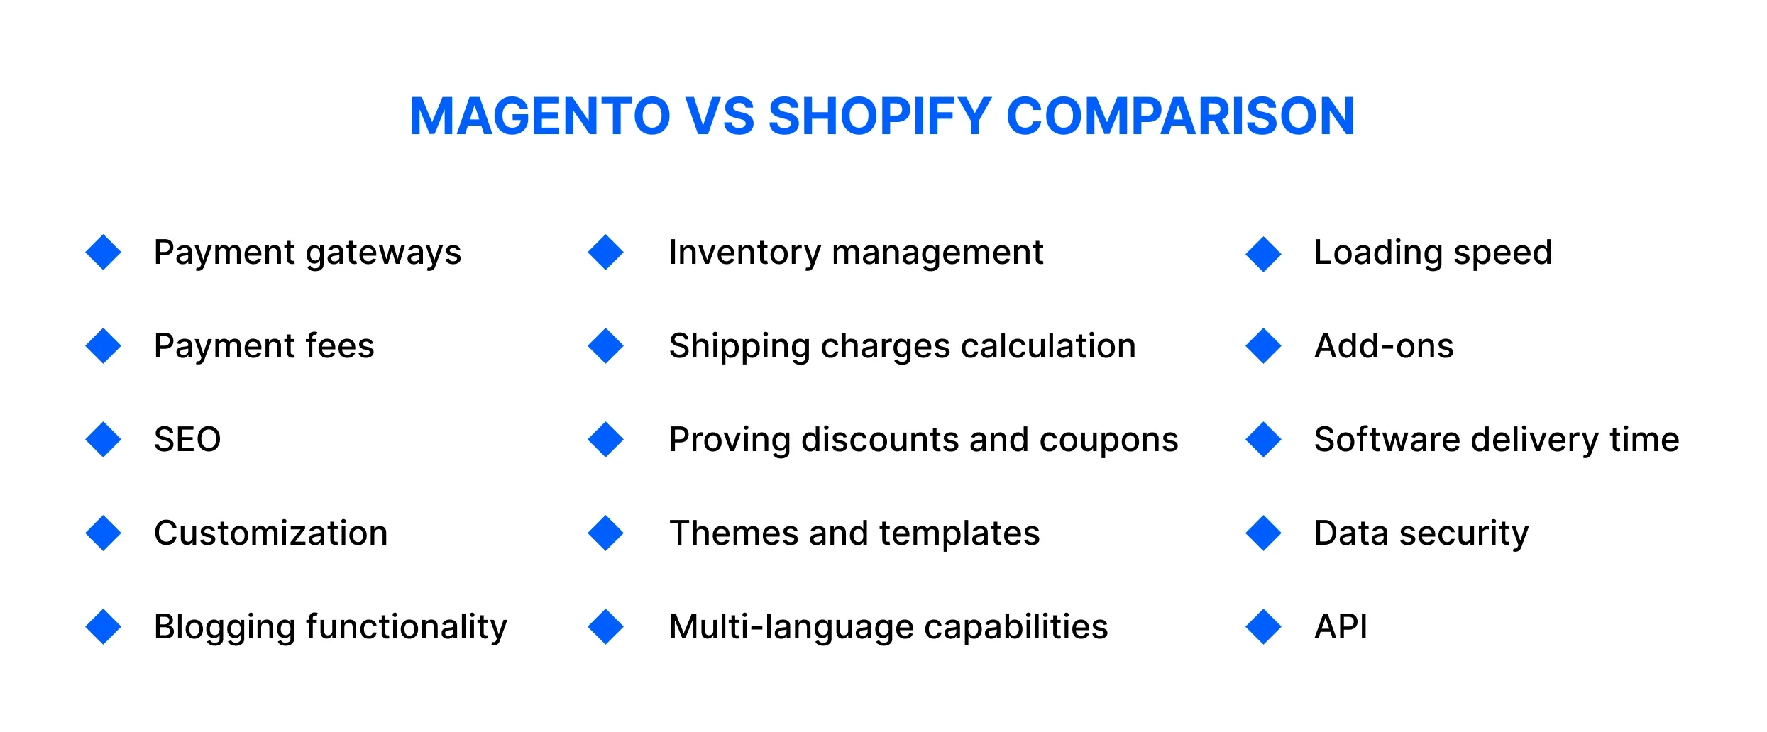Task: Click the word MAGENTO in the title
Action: point(540,116)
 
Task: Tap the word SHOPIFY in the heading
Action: point(880,116)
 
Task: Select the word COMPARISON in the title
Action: point(1180,116)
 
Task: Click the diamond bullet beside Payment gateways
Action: point(104,253)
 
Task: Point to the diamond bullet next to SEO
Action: point(104,440)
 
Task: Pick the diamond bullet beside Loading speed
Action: point(1263,253)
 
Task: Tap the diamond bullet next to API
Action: point(1263,627)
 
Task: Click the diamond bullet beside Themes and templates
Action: point(605,533)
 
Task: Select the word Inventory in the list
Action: point(744,253)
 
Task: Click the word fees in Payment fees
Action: point(339,346)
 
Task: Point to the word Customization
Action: point(270,533)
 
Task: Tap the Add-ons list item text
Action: point(1383,346)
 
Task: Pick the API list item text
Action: point(1341,627)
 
